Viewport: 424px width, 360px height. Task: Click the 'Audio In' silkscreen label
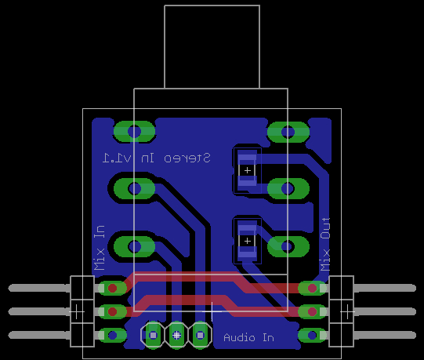coord(248,337)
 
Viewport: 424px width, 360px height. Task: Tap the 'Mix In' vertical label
coord(100,248)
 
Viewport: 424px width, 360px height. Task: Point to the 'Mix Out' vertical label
coord(325,244)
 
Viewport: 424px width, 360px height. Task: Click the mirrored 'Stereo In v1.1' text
coord(156,158)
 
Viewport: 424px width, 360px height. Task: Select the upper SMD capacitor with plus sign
coord(247,170)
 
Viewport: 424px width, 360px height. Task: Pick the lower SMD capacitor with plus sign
coord(247,241)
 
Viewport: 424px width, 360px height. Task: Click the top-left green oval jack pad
coord(134,132)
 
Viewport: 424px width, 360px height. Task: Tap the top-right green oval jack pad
coord(288,132)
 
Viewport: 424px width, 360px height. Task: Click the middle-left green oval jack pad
coord(134,188)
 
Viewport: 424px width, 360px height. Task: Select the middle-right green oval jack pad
coord(288,188)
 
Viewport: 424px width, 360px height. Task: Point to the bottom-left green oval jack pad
coord(134,246)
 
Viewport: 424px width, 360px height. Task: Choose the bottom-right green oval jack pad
coord(288,246)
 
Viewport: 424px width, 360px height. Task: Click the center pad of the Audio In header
coord(176,336)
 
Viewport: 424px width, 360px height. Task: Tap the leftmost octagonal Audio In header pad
coord(153,336)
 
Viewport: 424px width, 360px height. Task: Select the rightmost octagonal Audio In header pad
coord(200,336)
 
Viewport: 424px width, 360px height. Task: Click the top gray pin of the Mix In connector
coord(39,288)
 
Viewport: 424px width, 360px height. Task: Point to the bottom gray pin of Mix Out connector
coord(385,335)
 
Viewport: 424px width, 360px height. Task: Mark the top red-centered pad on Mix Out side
coord(313,288)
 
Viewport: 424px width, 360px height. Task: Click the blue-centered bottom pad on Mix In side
coord(112,335)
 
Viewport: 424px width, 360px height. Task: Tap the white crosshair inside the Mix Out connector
coord(347,312)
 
